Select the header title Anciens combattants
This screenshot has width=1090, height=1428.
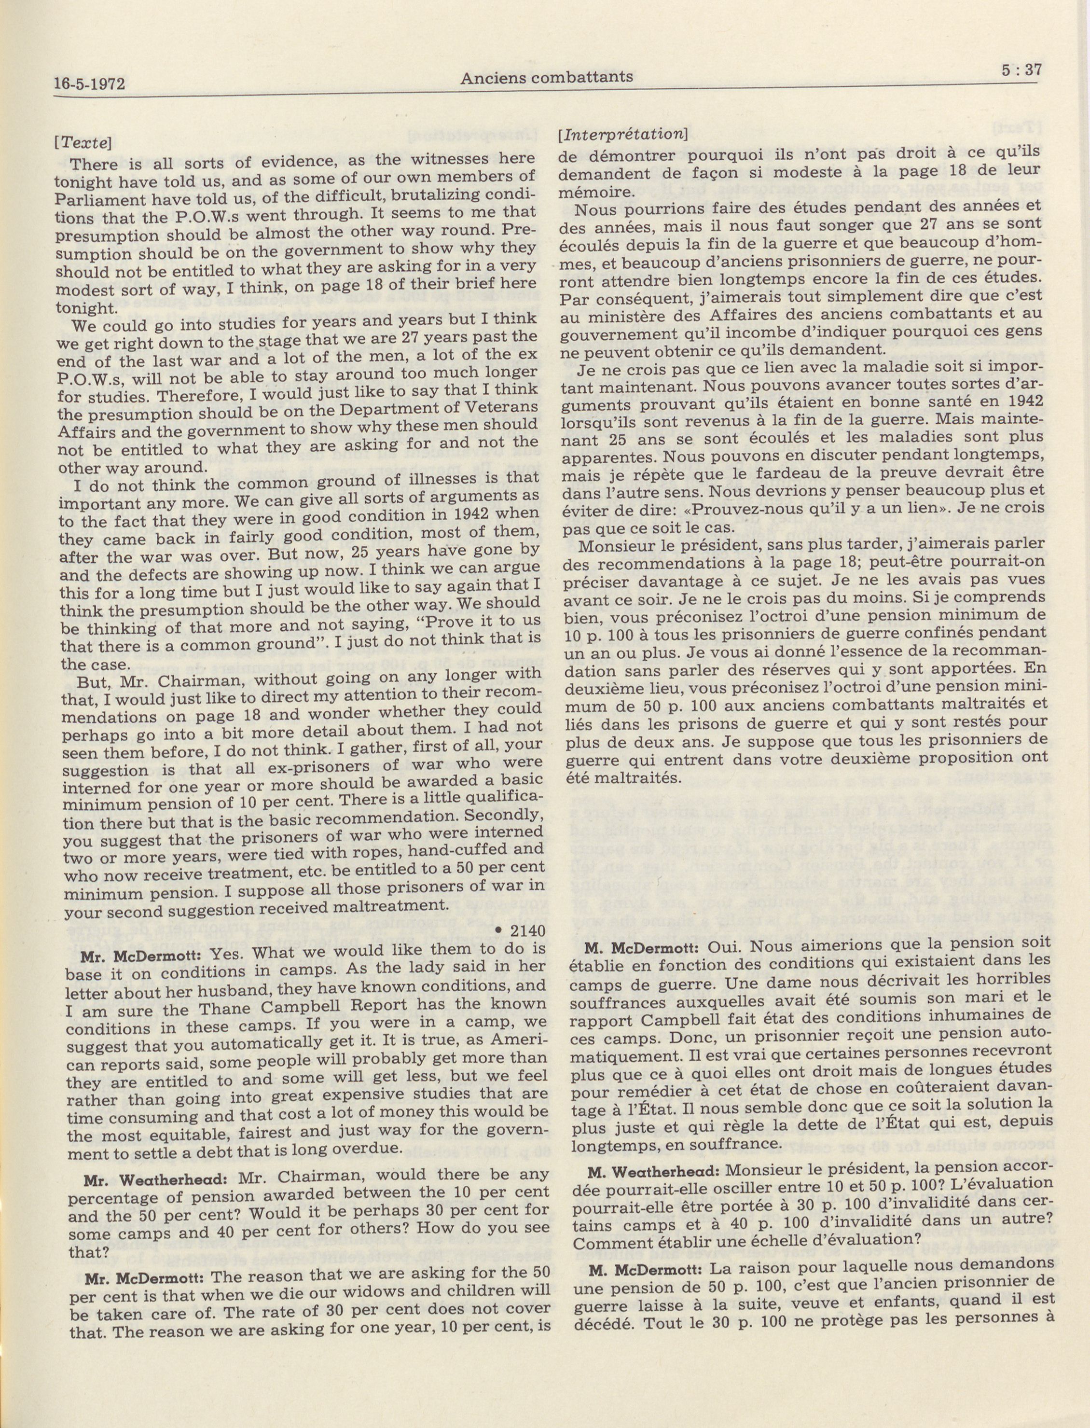point(546,77)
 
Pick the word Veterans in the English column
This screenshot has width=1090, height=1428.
point(494,407)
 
